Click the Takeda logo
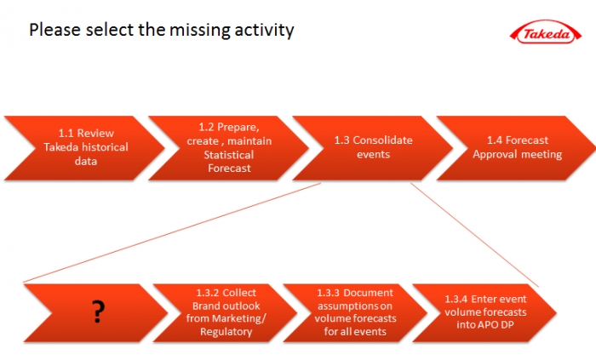point(546,31)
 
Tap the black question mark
point(98,311)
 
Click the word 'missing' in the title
point(199,30)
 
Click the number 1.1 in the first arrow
point(66,134)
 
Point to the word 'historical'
point(105,147)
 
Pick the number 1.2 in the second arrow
point(206,127)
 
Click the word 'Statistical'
point(228,155)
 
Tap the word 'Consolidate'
point(382,140)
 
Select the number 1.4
point(495,140)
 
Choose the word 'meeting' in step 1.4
point(542,154)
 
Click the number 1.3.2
point(208,293)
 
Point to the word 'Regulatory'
point(226,332)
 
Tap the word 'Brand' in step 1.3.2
point(203,306)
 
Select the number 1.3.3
point(328,293)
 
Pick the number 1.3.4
point(456,300)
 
